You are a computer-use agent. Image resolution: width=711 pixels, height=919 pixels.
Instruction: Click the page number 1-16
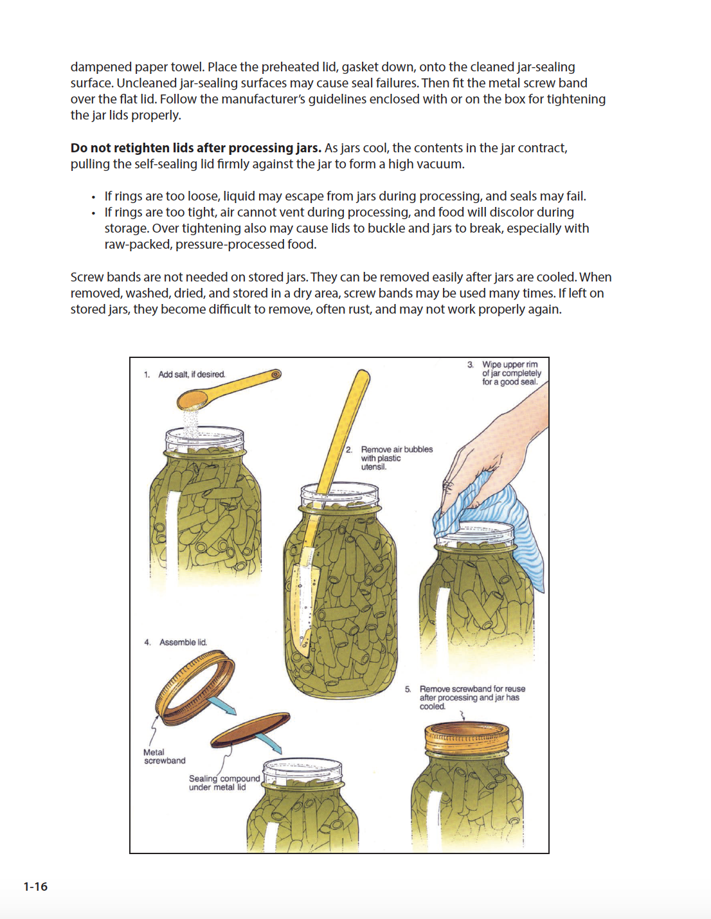(35, 887)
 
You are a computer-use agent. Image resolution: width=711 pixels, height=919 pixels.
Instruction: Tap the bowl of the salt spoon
(192, 401)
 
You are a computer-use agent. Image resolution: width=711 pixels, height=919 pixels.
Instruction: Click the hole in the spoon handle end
(276, 374)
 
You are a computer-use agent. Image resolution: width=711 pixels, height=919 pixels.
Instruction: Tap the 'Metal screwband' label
(164, 756)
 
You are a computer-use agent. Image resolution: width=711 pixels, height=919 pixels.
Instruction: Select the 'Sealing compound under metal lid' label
(224, 783)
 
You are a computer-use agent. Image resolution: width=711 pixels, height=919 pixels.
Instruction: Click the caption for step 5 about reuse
(472, 697)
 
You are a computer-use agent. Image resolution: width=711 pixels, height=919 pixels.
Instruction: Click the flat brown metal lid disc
(251, 729)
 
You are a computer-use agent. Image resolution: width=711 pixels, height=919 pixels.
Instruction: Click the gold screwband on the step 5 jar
(467, 740)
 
